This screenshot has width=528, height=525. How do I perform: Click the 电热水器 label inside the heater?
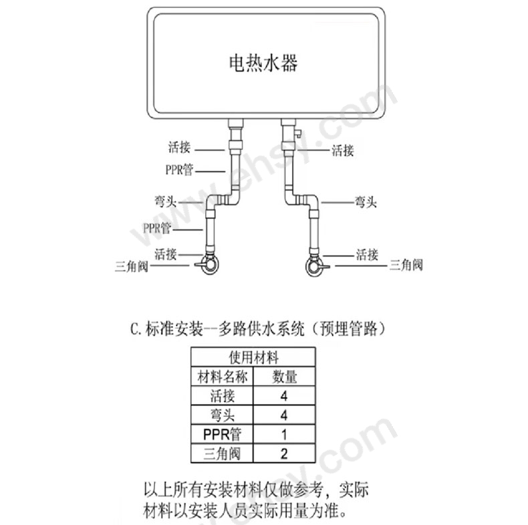click(x=263, y=63)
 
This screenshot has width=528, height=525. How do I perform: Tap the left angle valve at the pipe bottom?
click(x=209, y=265)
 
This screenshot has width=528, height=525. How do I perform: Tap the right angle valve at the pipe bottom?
click(x=315, y=266)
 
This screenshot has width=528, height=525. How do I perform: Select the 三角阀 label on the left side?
click(x=132, y=267)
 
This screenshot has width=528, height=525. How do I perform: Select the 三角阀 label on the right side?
click(x=406, y=265)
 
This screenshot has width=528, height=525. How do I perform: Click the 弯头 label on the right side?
click(x=366, y=202)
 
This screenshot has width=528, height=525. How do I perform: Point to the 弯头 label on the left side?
click(x=165, y=202)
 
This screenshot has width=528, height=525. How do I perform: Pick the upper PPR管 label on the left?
click(x=179, y=170)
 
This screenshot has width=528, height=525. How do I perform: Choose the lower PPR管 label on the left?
click(x=157, y=228)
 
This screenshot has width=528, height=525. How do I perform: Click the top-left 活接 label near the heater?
click(x=180, y=148)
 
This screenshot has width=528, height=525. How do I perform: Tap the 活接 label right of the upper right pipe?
click(x=343, y=150)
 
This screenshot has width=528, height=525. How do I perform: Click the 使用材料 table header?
click(x=253, y=357)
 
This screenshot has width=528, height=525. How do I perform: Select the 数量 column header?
click(x=285, y=377)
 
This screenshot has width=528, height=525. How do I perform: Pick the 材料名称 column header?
click(x=223, y=377)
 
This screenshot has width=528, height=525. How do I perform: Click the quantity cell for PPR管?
click(x=285, y=434)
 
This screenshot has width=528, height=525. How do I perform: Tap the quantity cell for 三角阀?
click(x=285, y=454)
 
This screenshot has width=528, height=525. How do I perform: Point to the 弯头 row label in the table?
click(x=223, y=415)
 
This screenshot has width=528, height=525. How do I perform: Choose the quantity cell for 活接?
click(x=285, y=396)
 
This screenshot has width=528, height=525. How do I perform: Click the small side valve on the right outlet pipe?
click(x=297, y=132)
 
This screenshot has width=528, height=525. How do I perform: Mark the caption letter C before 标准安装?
click(x=134, y=329)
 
